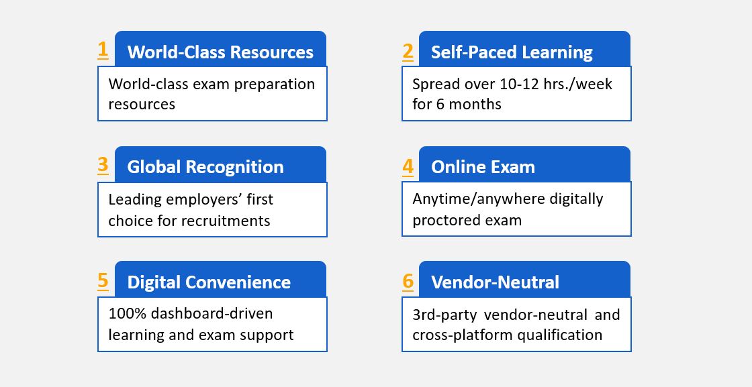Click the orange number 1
click(103, 50)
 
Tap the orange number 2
click(408, 51)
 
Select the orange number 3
click(103, 165)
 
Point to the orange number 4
click(408, 166)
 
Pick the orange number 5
click(103, 280)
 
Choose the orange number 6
click(408, 281)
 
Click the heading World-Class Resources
click(220, 52)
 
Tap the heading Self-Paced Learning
click(512, 52)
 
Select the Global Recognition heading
click(205, 167)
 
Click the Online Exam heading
click(483, 167)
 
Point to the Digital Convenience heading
click(209, 282)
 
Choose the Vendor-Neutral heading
click(495, 282)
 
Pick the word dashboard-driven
click(211, 314)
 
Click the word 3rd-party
click(444, 315)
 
